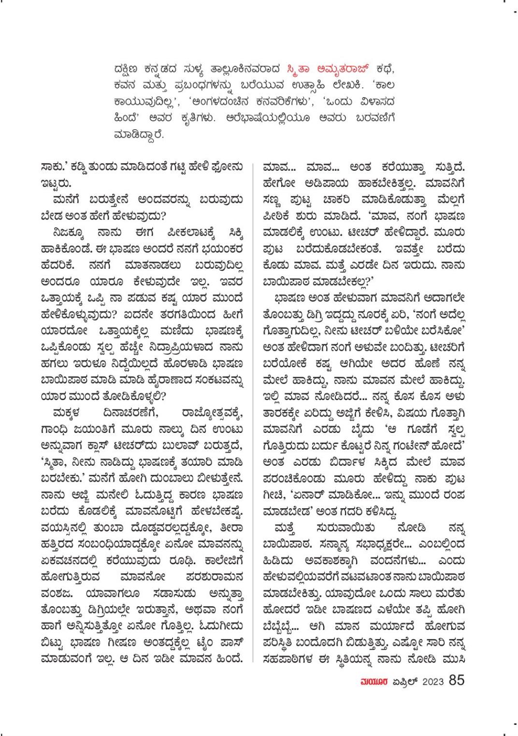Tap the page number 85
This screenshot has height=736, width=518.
tap(457, 680)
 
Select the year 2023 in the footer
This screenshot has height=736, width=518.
tap(433, 681)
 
